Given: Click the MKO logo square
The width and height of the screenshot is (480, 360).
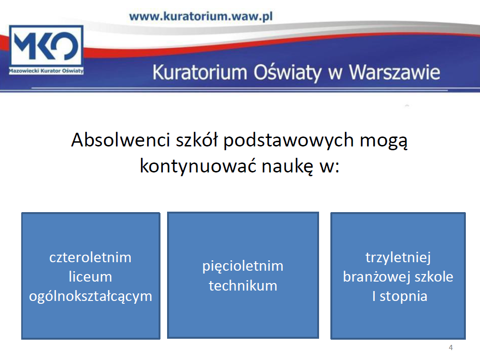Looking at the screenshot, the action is click(46, 50).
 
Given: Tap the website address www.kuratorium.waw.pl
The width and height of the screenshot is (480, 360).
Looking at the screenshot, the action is click(201, 17).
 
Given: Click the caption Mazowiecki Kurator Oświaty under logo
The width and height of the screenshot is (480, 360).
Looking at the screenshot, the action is click(46, 71).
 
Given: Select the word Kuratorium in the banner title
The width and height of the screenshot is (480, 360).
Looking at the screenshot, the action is click(200, 73).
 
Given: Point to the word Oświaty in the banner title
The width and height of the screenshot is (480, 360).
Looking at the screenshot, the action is click(287, 73).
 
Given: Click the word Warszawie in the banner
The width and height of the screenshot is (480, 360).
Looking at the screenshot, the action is click(395, 73).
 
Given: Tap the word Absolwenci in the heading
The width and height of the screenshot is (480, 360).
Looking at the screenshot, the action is click(120, 140).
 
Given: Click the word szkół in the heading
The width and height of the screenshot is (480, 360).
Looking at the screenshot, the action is click(196, 140).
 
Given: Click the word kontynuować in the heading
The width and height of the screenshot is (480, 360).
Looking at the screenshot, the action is click(198, 166).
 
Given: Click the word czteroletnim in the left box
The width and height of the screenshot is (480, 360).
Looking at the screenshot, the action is click(90, 257).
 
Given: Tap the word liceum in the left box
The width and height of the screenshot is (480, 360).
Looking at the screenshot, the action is click(90, 277).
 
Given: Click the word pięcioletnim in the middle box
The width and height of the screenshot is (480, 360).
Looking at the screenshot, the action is click(243, 266).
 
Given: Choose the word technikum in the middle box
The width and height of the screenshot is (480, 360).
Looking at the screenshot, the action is click(243, 286).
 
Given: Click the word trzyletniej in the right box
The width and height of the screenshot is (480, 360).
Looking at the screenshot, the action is click(398, 258).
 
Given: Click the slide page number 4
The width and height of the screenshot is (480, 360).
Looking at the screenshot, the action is click(451, 347).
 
